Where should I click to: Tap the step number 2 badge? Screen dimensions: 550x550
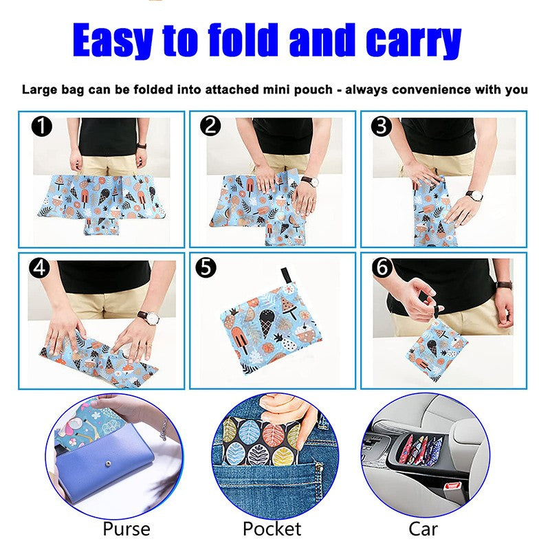tap(210, 126)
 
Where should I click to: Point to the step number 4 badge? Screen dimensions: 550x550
tap(41, 267)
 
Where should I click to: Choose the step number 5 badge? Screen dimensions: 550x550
tap(204, 268)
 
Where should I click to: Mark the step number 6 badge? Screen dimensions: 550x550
tap(382, 267)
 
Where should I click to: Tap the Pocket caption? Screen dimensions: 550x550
tap(272, 529)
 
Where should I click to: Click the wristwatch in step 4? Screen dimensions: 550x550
tap(147, 318)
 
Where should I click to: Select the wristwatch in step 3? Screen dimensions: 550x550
tap(474, 196)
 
